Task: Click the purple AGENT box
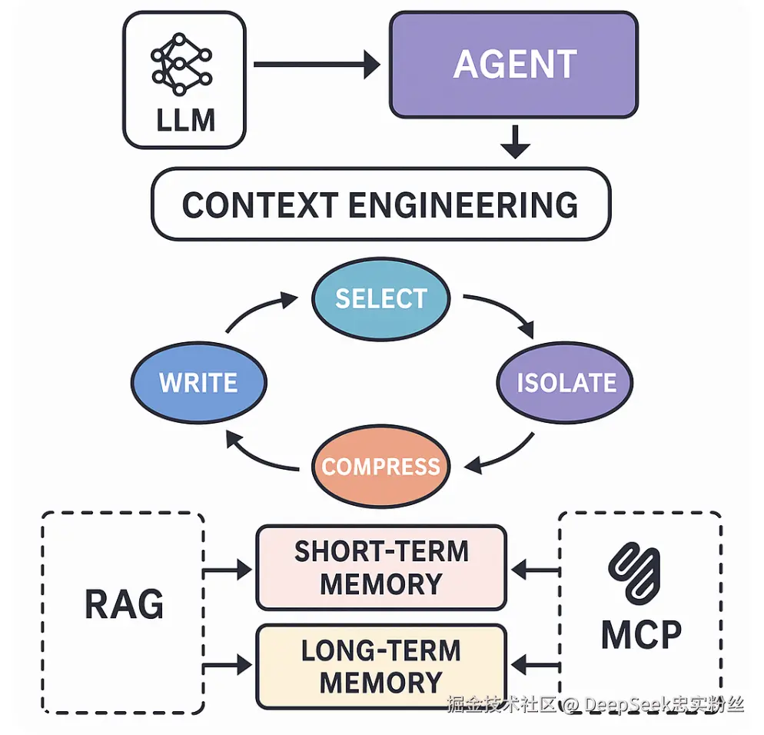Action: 513,65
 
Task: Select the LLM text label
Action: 184,121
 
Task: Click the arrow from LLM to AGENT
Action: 316,65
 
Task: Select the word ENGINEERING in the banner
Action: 463,205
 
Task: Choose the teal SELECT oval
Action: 380,298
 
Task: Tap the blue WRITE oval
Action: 198,382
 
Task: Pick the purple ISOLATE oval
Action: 566,382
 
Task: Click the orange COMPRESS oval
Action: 380,467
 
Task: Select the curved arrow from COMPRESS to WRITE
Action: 257,454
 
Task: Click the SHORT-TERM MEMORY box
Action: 380,567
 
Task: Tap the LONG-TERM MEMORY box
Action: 380,666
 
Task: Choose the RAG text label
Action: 124,604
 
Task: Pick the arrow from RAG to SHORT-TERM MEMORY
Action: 228,570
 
